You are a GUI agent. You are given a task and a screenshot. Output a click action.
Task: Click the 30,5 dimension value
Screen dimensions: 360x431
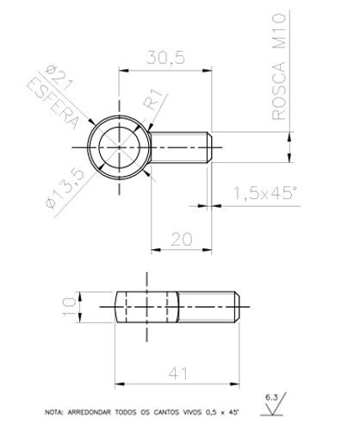click(165, 58)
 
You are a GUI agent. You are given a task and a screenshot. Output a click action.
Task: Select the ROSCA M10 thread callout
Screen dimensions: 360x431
click(279, 66)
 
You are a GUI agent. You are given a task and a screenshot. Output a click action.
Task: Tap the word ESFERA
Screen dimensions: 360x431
click(53, 103)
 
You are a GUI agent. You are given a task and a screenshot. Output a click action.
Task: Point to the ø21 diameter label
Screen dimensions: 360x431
click(59, 78)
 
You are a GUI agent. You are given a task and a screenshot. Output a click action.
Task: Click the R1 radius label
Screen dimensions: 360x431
click(153, 100)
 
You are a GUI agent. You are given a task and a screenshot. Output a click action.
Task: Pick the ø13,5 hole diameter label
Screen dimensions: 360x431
click(65, 188)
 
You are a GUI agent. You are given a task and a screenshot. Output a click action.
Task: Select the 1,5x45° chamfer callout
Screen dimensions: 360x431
click(265, 192)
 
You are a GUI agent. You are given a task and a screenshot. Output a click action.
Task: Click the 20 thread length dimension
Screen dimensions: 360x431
click(182, 240)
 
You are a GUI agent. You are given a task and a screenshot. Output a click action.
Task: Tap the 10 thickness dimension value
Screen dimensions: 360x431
click(70, 307)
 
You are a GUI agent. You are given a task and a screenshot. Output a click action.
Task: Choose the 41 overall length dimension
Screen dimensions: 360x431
click(177, 373)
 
